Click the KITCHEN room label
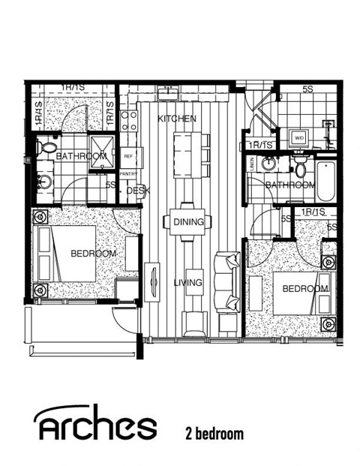pyautogui.click(x=177, y=119)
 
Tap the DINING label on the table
pyautogui.click(x=187, y=222)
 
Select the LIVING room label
pyautogui.click(x=187, y=283)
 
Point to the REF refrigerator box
pyautogui.click(x=128, y=157)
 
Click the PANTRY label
pyautogui.click(x=128, y=172)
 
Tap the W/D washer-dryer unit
pyautogui.click(x=298, y=138)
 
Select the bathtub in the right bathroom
pyautogui.click(x=326, y=181)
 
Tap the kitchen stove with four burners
pyautogui.click(x=128, y=122)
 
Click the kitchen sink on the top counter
pyautogui.click(x=166, y=94)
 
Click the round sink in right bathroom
pyautogui.click(x=269, y=167)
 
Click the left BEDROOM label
pyautogui.click(x=93, y=254)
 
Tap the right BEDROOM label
pyautogui.click(x=305, y=289)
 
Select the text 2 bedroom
pyautogui.click(x=214, y=433)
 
